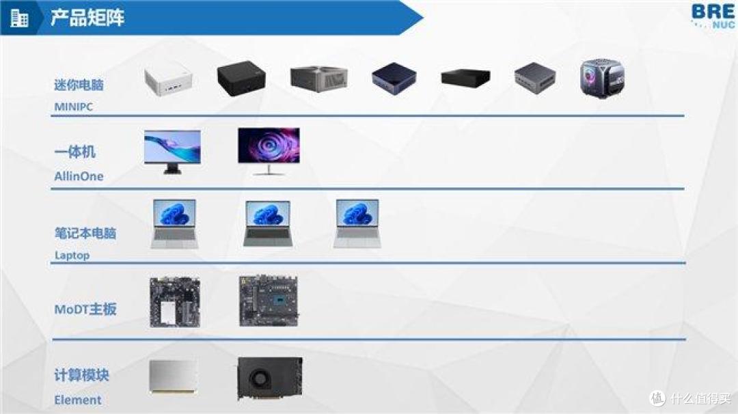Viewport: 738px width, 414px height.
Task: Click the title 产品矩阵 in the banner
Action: (87, 18)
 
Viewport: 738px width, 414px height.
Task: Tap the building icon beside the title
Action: (19, 18)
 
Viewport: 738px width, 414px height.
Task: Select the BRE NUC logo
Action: (713, 16)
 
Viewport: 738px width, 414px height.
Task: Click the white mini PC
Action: (169, 80)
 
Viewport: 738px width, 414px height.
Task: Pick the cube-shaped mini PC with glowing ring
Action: (603, 78)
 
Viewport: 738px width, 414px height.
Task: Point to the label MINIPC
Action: (73, 107)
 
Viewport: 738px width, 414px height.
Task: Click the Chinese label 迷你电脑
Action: (79, 85)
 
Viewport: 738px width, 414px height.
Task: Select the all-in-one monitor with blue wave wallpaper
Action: (172, 152)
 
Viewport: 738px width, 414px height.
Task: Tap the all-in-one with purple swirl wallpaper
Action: (269, 151)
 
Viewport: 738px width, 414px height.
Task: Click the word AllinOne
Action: (79, 176)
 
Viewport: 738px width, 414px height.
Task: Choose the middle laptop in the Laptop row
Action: (268, 224)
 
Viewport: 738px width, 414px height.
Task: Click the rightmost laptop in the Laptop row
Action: (357, 224)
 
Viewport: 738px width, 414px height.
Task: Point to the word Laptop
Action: (72, 256)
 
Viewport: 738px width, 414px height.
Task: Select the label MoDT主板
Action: (85, 309)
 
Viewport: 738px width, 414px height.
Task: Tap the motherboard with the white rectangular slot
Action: (175, 303)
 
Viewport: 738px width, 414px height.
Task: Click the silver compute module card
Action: (173, 376)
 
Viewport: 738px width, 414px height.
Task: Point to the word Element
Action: (78, 400)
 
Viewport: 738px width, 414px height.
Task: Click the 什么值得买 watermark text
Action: (700, 398)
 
